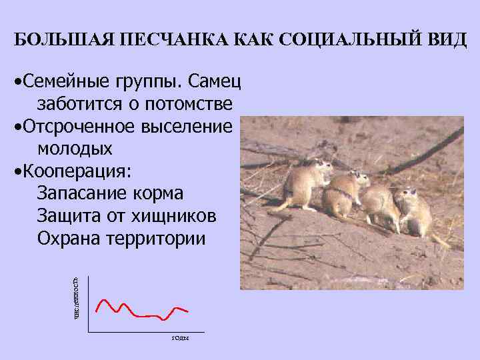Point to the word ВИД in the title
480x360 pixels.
(446, 39)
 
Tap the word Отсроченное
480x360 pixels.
(81, 127)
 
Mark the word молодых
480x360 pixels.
(75, 148)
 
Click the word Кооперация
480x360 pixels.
(76, 171)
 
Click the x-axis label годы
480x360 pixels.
(180, 338)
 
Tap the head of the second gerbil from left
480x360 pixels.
(357, 178)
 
